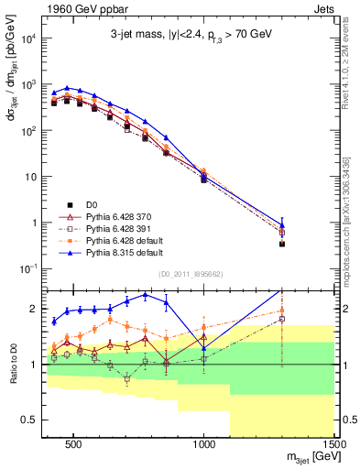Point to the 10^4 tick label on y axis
click(32, 38)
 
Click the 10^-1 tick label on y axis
click(32, 267)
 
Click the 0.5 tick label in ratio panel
click(28, 420)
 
